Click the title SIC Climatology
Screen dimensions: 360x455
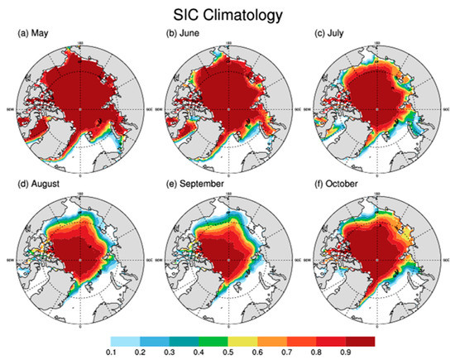pyautogui.click(x=227, y=14)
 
